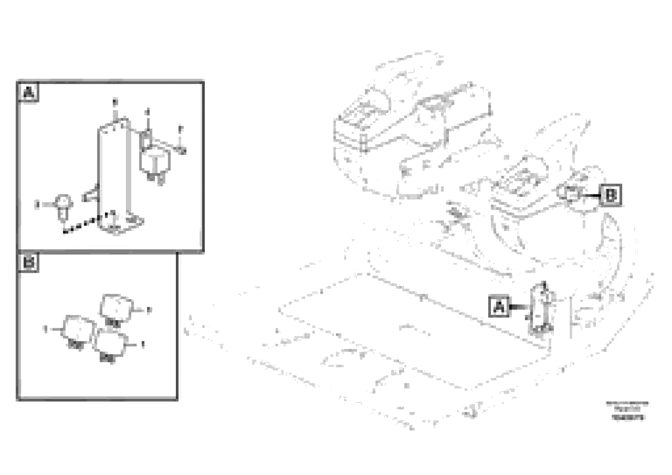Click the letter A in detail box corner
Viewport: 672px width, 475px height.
tap(28, 93)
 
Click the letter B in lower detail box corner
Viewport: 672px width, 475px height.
tap(28, 262)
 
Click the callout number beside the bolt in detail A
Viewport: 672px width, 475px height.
tap(37, 204)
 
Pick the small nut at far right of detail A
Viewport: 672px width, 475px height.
tap(182, 151)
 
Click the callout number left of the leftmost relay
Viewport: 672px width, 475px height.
tap(45, 329)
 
